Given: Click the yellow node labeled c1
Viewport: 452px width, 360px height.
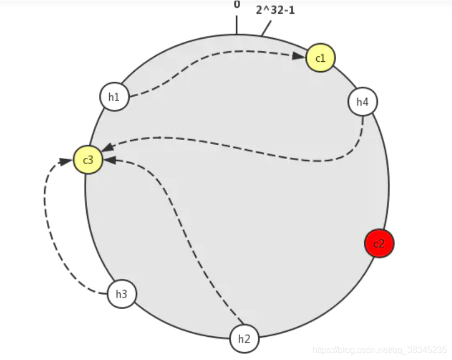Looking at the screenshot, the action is (x=320, y=57).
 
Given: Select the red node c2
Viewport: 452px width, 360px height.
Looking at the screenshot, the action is (x=379, y=243).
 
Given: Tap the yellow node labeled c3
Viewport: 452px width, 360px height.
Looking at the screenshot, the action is (x=88, y=160).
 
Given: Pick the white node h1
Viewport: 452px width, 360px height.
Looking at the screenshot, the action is (x=114, y=97).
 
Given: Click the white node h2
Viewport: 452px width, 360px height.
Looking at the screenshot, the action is (x=244, y=338).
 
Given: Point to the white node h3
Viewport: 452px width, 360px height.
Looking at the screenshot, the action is (x=121, y=294).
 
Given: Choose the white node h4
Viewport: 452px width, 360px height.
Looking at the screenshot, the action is (x=363, y=102).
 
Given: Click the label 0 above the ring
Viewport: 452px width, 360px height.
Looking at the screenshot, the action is (x=237, y=4).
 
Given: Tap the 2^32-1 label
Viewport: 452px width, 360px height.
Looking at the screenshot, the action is (x=275, y=10).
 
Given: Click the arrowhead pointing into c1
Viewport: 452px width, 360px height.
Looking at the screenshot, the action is (x=299, y=56).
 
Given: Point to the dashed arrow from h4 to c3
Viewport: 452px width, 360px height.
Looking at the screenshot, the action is (x=231, y=146).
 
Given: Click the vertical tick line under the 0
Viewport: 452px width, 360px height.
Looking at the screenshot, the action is (x=237, y=25).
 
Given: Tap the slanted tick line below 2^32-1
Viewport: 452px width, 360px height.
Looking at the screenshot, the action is (x=267, y=28).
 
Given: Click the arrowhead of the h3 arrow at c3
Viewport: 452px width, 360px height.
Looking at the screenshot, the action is (x=65, y=161).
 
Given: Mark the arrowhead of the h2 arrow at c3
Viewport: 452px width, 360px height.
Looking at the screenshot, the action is (x=109, y=160).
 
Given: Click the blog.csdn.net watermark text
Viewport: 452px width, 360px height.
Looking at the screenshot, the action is (x=380, y=350).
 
